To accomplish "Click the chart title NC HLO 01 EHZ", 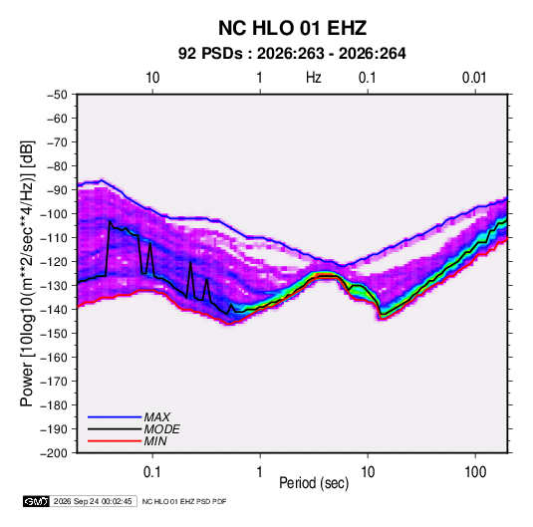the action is pyautogui.click(x=292, y=28).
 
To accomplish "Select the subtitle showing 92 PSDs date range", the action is pyautogui.click(x=292, y=54).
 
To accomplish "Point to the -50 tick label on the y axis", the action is pyautogui.click(x=57, y=95).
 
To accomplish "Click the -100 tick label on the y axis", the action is pyautogui.click(x=54, y=214).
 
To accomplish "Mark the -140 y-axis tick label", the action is pyautogui.click(x=54, y=310).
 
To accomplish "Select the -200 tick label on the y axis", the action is pyautogui.click(x=54, y=453).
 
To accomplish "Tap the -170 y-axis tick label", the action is pyautogui.click(x=54, y=382).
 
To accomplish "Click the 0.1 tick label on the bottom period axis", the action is pyautogui.click(x=152, y=472).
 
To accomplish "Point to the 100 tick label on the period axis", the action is pyautogui.click(x=475, y=472).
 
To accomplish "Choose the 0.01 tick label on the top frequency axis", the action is pyautogui.click(x=474, y=78).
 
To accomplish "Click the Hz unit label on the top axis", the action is pyautogui.click(x=314, y=78).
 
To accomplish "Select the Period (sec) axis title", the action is pyautogui.click(x=314, y=483).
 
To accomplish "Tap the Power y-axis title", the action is pyautogui.click(x=27, y=273).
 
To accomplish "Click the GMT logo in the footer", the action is pyautogui.click(x=37, y=501).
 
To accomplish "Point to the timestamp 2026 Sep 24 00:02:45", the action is pyautogui.click(x=93, y=501).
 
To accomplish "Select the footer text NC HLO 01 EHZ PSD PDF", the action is pyautogui.click(x=184, y=501).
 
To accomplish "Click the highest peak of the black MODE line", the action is pyautogui.click(x=110, y=221).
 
